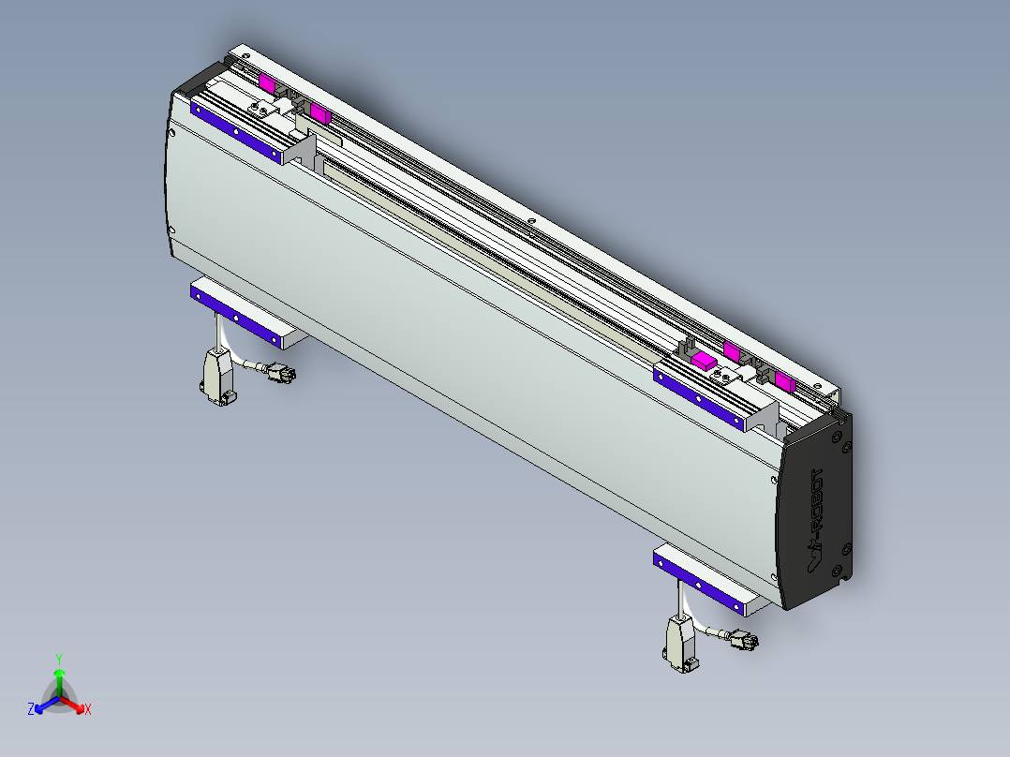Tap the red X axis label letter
click(x=88, y=710)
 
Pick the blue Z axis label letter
click(x=31, y=710)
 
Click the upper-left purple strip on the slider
click(x=235, y=132)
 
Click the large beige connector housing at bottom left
click(x=215, y=375)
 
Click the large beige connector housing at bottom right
click(x=679, y=642)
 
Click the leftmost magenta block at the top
click(x=267, y=83)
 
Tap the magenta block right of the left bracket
click(x=319, y=115)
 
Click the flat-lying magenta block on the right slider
click(x=703, y=359)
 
